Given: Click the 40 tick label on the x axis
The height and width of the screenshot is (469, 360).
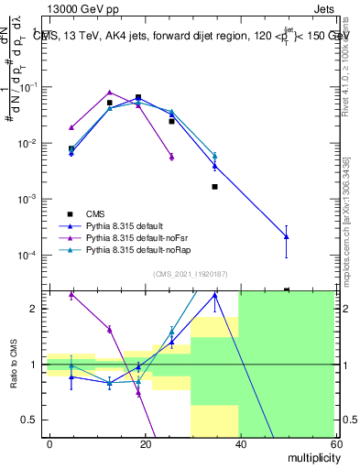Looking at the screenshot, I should tap(239, 444).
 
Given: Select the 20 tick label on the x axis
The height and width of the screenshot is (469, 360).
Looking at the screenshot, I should tap(144, 444).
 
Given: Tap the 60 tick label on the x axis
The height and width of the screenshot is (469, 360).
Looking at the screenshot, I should tap(334, 444).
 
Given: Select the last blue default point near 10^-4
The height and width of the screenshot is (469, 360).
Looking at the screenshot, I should tap(287, 236).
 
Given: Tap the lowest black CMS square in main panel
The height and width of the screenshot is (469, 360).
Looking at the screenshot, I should tap(214, 186).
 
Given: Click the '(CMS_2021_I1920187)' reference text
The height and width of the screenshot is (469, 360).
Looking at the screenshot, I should tap(191, 273).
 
